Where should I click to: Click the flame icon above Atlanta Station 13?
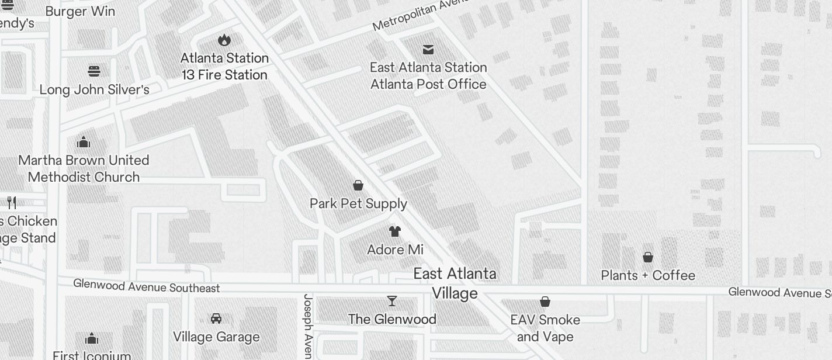pyautogui.click(x=224, y=40)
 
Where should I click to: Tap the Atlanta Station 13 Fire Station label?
pyautogui.click(x=224, y=67)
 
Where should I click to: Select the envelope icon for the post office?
pyautogui.click(x=428, y=50)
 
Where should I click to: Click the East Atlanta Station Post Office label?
pyautogui.click(x=428, y=76)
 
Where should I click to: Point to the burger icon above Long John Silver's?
pyautogui.click(x=94, y=71)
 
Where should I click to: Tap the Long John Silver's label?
pyautogui.click(x=94, y=90)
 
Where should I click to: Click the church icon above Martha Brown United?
pyautogui.click(x=84, y=142)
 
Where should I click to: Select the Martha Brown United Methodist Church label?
pyautogui.click(x=84, y=169)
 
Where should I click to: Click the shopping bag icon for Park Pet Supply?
pyautogui.click(x=358, y=185)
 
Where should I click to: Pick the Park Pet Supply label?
pyautogui.click(x=358, y=204)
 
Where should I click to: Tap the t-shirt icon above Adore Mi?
pyautogui.click(x=395, y=231)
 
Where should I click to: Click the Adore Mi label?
pyautogui.click(x=395, y=250)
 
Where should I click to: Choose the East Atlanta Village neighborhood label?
pyautogui.click(x=455, y=283)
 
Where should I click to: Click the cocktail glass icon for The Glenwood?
pyautogui.click(x=392, y=301)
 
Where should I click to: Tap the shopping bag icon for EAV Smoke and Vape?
pyautogui.click(x=545, y=302)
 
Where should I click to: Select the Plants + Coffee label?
pyautogui.click(x=648, y=276)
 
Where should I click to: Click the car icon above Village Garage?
pyautogui.click(x=216, y=319)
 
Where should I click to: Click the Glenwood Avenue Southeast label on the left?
pyautogui.click(x=147, y=286)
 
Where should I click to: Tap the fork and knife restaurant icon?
pyautogui.click(x=12, y=203)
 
